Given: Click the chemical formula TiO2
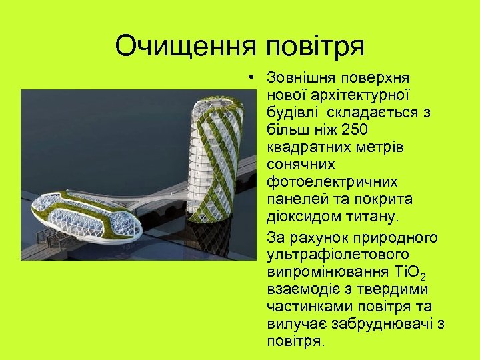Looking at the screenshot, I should tap(411, 273).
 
